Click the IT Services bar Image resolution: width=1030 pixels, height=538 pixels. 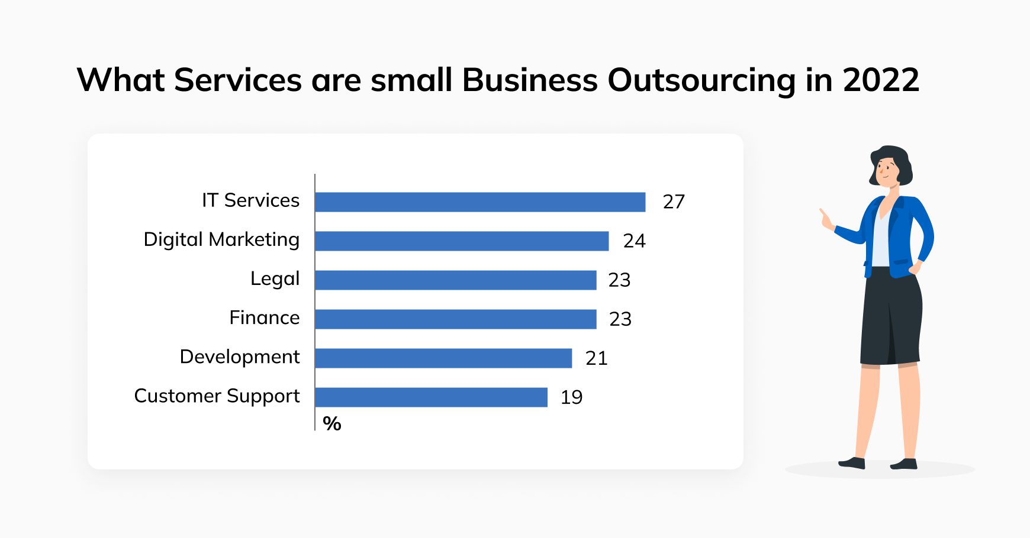480,202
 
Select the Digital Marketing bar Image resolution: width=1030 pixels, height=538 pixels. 462,241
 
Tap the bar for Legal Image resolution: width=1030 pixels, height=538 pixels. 455,280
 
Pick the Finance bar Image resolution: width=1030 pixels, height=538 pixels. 455,319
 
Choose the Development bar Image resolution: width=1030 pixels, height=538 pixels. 443,358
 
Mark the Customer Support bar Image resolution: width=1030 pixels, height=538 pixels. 431,397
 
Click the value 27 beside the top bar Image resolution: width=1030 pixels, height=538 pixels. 674,202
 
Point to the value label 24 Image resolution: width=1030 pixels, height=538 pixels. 634,241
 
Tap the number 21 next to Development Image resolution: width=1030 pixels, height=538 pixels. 596,358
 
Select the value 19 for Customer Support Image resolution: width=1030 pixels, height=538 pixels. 571,397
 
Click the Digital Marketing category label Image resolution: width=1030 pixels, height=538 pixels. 221,240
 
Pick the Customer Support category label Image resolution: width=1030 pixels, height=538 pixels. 217,396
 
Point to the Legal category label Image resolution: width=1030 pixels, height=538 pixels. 275,278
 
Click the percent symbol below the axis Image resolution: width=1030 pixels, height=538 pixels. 331,424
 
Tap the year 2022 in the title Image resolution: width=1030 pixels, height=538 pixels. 881,80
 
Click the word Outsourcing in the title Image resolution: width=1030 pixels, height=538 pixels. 701,80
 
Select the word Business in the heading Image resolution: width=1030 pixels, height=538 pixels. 530,80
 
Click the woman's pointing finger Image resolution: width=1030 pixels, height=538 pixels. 823,213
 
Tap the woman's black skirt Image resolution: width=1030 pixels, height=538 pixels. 891,319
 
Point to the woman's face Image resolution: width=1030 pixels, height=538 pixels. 886,172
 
